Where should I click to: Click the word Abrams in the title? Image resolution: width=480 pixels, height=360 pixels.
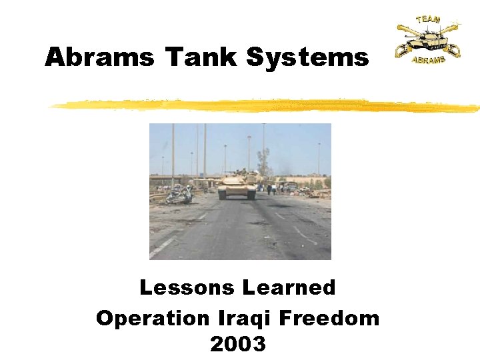click(99, 57)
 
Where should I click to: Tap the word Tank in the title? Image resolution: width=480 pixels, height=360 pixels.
click(201, 57)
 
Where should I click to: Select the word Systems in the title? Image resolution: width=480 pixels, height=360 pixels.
click(307, 57)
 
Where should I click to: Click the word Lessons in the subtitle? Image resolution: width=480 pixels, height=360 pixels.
click(186, 288)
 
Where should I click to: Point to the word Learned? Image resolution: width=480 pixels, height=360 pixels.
click(289, 288)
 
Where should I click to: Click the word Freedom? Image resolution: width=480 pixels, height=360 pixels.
click(329, 318)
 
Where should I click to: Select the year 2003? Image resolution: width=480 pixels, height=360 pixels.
click(238, 344)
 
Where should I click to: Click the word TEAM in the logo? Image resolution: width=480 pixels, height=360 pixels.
click(427, 19)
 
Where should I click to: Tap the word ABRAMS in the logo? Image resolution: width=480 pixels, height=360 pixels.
click(427, 59)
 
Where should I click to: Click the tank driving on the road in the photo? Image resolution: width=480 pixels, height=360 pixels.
click(238, 185)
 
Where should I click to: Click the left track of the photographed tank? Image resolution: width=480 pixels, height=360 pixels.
click(224, 193)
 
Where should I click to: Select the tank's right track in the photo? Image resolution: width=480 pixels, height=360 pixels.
click(251, 193)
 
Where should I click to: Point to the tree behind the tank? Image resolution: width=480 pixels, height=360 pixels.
click(264, 161)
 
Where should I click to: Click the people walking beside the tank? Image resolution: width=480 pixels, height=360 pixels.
click(271, 189)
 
